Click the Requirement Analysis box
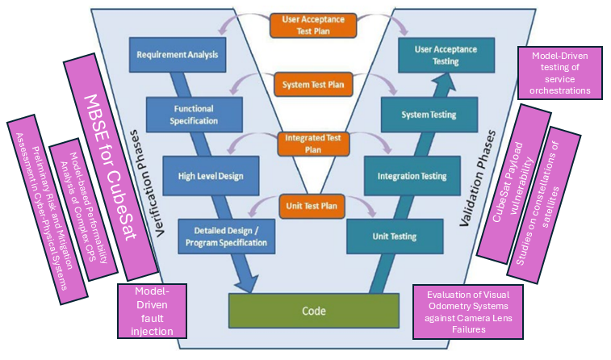click(176, 56)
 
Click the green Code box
click(314, 309)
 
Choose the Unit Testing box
click(395, 237)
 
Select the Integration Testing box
click(412, 175)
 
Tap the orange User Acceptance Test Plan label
click(311, 25)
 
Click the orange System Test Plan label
click(311, 83)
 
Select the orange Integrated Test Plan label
click(311, 144)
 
